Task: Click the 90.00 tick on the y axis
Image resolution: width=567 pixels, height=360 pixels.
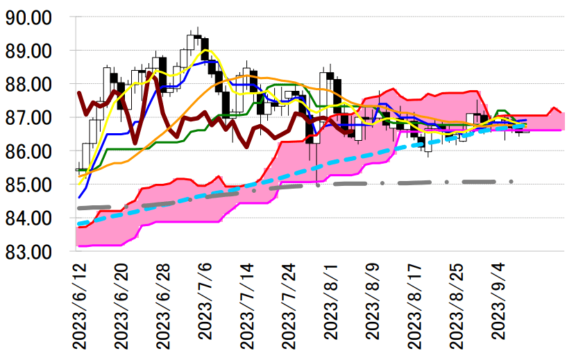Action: point(33,17)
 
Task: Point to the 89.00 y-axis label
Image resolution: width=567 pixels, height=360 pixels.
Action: point(33,51)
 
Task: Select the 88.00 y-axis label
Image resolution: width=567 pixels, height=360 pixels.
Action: point(33,84)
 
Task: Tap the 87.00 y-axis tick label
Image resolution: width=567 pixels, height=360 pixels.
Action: point(33,117)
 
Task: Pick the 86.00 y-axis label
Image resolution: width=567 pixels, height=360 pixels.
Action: point(33,151)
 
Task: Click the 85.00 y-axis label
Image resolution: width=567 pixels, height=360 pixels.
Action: point(33,185)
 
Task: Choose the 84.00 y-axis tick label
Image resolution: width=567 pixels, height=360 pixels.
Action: point(33,218)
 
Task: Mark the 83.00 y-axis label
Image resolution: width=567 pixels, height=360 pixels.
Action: point(33,251)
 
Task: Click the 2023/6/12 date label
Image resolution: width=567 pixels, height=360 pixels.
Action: point(81,305)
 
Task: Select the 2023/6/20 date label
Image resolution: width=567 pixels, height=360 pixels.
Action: point(122,305)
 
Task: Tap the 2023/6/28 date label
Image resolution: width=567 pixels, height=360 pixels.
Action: point(164,305)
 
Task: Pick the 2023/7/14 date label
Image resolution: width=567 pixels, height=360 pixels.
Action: point(248,305)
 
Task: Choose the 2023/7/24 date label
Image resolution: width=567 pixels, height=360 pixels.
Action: point(290,305)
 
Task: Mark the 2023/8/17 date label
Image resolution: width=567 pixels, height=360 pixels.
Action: point(416,305)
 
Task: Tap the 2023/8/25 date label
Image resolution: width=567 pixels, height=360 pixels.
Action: point(457,305)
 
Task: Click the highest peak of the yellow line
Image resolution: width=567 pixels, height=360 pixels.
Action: point(205,50)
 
